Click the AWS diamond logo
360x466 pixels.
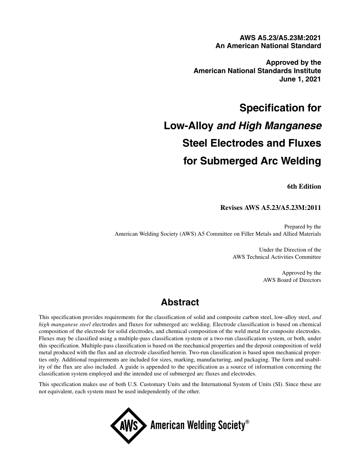[x=128, y=426]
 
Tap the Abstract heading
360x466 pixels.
[x=180, y=302]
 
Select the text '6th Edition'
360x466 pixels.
[x=304, y=186]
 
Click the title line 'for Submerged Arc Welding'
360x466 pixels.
[x=252, y=161]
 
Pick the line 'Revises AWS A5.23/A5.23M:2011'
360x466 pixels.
[x=271, y=208]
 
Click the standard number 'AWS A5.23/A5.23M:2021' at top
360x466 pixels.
[x=280, y=38]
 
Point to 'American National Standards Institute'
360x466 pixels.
[x=257, y=71]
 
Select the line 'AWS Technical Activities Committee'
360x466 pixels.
[x=277, y=257]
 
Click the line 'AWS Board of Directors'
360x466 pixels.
[x=292, y=280]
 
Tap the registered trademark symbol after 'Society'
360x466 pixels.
[x=247, y=422]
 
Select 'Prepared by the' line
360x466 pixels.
[x=302, y=227]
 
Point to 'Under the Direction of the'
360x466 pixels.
[x=290, y=250]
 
